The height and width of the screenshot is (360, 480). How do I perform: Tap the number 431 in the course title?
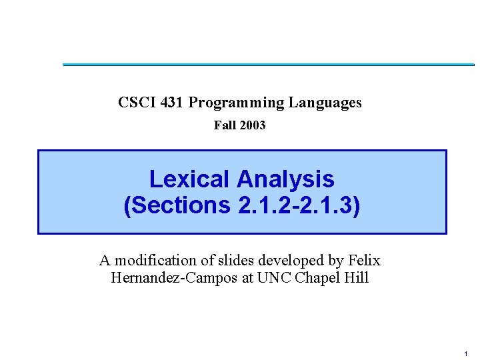coord(172,103)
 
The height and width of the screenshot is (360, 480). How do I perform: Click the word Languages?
coord(325,103)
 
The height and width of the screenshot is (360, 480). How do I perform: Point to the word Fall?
coord(224,125)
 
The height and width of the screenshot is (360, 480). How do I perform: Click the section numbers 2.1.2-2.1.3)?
coord(298,206)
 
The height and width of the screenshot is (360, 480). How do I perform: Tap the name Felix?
coord(365,260)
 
